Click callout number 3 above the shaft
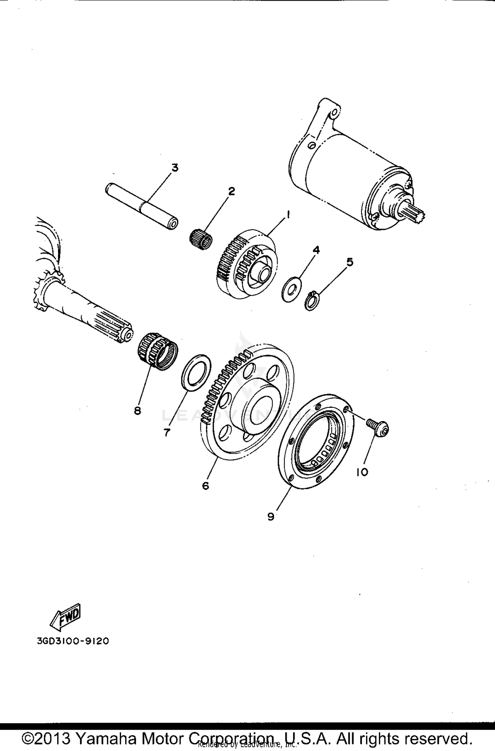(175, 168)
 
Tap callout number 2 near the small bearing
(232, 191)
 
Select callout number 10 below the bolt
(362, 472)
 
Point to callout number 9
(271, 517)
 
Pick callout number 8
(138, 410)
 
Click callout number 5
(350, 262)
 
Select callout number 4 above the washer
(316, 250)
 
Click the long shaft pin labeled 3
(142, 206)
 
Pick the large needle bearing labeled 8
(157, 351)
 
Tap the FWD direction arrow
(65, 615)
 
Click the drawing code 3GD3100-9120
(73, 641)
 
